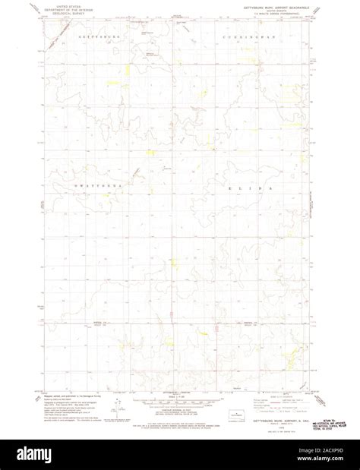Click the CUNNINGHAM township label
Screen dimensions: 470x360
pos(243,37)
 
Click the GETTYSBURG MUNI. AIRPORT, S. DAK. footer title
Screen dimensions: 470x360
pos(274,415)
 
